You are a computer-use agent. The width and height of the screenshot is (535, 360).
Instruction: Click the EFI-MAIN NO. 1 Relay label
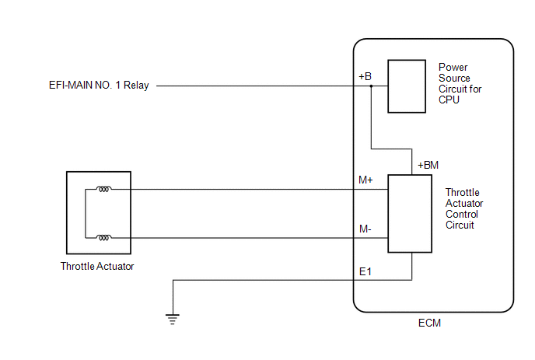click(x=99, y=85)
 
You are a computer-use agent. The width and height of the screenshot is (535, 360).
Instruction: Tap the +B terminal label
click(x=365, y=76)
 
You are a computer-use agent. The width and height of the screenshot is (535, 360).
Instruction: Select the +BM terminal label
click(x=428, y=165)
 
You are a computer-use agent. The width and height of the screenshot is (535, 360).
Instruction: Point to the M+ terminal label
click(x=365, y=180)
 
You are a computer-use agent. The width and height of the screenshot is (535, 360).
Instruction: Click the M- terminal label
click(x=365, y=229)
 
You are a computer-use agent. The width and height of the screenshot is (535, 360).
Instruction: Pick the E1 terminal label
click(x=365, y=271)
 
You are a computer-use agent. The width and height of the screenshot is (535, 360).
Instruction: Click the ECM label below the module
click(x=429, y=323)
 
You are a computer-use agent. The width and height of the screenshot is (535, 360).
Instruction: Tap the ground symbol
click(x=173, y=319)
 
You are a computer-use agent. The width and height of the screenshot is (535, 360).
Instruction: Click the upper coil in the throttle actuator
click(x=103, y=189)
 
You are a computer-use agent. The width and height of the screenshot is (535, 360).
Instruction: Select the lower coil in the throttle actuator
click(x=103, y=237)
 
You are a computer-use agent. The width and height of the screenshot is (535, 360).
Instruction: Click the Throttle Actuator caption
click(x=97, y=266)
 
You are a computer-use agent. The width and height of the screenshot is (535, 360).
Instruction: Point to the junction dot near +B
click(x=371, y=86)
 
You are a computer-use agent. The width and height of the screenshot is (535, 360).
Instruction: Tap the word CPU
click(x=449, y=100)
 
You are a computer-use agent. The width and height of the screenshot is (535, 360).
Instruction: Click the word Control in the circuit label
click(x=462, y=215)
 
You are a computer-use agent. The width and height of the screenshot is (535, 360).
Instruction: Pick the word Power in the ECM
click(x=453, y=67)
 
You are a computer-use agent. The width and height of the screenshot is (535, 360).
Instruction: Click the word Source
click(x=454, y=78)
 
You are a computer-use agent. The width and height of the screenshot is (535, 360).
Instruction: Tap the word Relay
click(x=136, y=85)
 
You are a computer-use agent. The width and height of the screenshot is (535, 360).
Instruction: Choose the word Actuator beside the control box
click(x=464, y=204)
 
